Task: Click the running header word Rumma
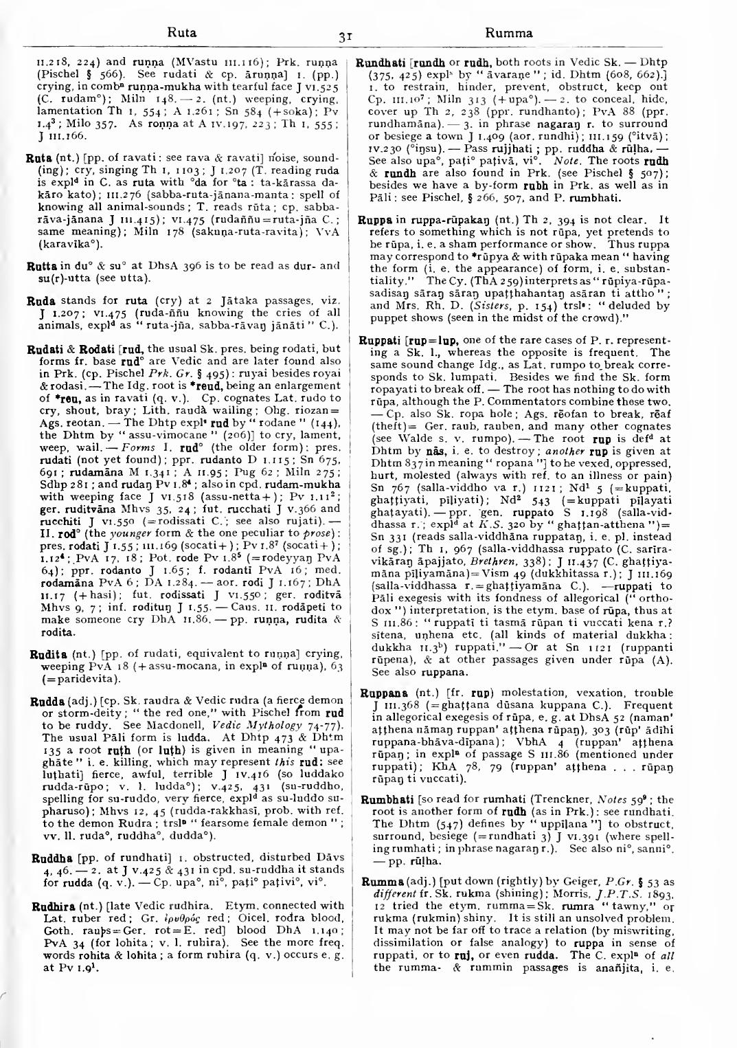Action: coord(508,32)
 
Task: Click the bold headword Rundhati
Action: coord(378,61)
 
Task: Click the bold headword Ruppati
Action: coord(381,341)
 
